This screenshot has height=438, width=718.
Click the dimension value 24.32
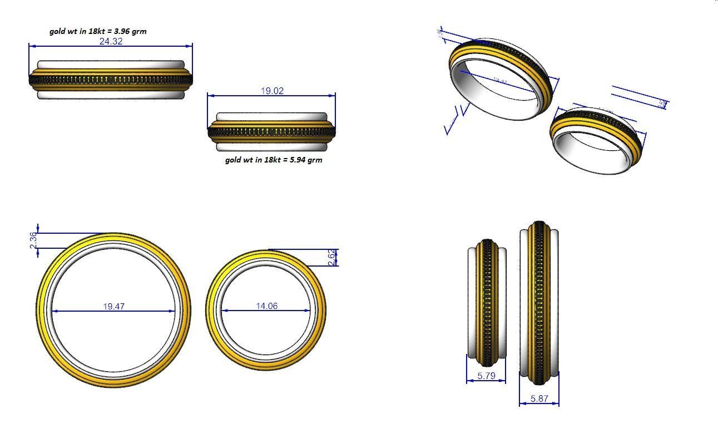click(110, 41)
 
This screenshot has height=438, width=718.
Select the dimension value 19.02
click(272, 91)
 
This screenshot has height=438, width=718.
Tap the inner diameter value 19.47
click(113, 306)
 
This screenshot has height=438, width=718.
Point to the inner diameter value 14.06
click(267, 306)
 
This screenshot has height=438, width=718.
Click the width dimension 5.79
click(486, 376)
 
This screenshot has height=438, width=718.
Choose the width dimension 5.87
click(539, 398)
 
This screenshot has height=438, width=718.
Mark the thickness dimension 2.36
click(33, 241)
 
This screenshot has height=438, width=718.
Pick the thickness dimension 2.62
click(331, 258)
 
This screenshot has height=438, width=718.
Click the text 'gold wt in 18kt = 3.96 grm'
click(98, 31)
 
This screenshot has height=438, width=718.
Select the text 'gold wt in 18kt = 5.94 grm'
click(273, 160)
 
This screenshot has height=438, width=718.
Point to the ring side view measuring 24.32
click(111, 80)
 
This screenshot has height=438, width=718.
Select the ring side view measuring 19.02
click(272, 132)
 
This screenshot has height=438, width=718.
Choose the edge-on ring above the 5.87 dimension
click(538, 303)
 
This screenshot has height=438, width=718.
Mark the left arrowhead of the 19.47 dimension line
click(55, 311)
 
